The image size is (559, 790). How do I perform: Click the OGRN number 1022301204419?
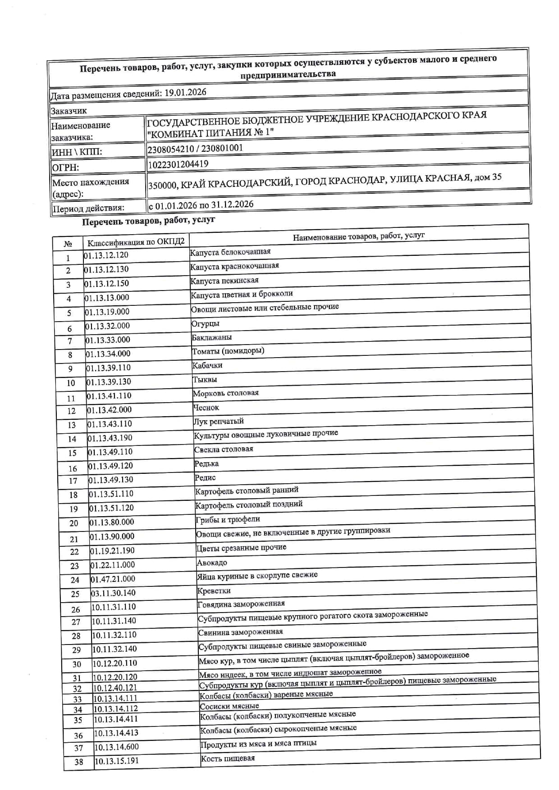pyautogui.click(x=178, y=164)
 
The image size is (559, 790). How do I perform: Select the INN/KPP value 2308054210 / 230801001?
pyautogui.click(x=195, y=148)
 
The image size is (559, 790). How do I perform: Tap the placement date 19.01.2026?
pyautogui.click(x=185, y=93)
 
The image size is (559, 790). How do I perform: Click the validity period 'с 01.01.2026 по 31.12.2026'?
pyautogui.click(x=201, y=205)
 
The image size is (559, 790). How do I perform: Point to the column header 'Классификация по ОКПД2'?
pyautogui.click(x=136, y=242)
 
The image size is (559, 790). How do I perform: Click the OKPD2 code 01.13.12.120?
pyautogui.click(x=106, y=255)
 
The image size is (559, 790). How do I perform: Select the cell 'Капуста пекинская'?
pyautogui.click(x=225, y=281)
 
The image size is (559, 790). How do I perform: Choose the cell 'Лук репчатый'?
pyautogui.click(x=219, y=422)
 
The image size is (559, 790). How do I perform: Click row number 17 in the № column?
pyautogui.click(x=73, y=481)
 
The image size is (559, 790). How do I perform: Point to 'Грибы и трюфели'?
pyautogui.click(x=228, y=520)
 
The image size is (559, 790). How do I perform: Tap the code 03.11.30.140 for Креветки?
pyautogui.click(x=113, y=593)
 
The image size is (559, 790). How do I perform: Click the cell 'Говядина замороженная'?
pyautogui.click(x=241, y=604)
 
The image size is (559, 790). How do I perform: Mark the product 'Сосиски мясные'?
pyautogui.click(x=229, y=706)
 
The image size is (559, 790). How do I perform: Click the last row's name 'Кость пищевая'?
pyautogui.click(x=228, y=758)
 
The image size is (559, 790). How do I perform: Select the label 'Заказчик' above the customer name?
pyautogui.click(x=69, y=111)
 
